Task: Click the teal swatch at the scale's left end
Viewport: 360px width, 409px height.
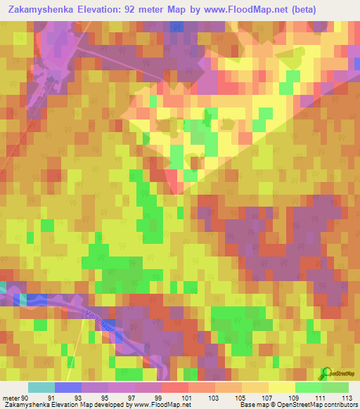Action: coord(41,387)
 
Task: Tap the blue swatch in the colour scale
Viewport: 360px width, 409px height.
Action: coord(67,387)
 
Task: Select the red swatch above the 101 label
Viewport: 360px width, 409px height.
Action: coord(175,387)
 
